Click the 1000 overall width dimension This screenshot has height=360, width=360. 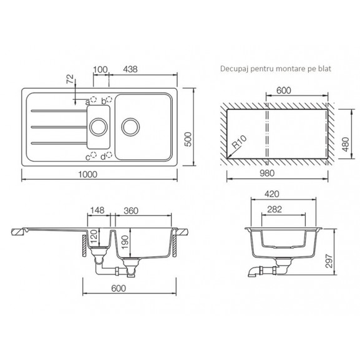pyautogui.click(x=88, y=175)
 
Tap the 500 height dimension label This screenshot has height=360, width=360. pyautogui.click(x=188, y=139)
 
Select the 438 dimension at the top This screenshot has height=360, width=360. pyautogui.click(x=130, y=69)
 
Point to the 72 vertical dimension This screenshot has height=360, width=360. pyautogui.click(x=71, y=79)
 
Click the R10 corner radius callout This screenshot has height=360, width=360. pyautogui.click(x=240, y=142)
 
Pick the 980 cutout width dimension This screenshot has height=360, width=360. pyautogui.click(x=267, y=173)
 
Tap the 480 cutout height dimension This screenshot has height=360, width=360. pyautogui.click(x=346, y=144)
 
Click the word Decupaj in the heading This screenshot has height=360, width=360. pyautogui.click(x=235, y=69)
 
